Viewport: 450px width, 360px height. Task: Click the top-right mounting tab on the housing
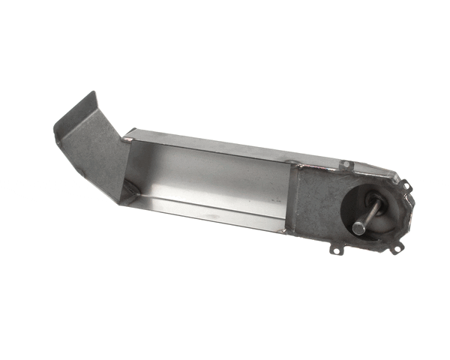pos(404,184)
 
